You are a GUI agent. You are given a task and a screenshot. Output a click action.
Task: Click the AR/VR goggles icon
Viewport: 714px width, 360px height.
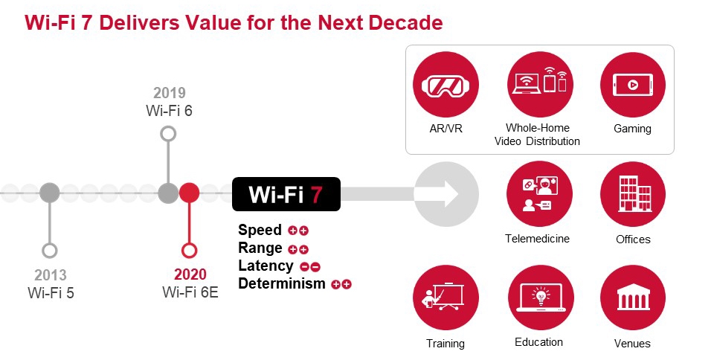[446, 84]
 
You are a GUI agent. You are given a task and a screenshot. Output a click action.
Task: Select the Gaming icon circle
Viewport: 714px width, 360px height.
[632, 84]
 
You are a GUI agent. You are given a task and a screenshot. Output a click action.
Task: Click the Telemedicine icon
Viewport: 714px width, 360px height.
[538, 194]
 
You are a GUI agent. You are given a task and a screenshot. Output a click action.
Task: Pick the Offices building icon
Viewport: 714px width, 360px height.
[633, 194]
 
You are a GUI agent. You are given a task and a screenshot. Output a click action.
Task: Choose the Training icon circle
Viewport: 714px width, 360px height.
[446, 298]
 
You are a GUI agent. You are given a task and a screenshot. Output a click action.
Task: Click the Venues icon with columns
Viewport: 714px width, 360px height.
[633, 298]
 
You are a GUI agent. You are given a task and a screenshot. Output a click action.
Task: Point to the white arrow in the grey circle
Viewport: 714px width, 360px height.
[446, 194]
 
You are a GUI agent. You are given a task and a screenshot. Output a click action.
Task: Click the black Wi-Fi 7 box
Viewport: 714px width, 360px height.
[286, 195]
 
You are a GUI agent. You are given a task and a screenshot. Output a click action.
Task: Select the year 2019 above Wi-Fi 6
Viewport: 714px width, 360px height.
[170, 94]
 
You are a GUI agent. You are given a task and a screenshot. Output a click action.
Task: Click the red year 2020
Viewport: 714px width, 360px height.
[190, 274]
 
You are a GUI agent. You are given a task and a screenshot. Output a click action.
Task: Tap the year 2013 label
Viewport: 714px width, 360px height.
[51, 274]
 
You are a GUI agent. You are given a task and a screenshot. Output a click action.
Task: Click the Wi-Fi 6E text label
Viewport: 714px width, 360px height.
[190, 292]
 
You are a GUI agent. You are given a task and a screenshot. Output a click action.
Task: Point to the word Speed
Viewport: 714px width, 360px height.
[260, 230]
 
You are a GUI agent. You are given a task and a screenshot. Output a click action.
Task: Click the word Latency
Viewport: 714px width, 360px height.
[266, 266]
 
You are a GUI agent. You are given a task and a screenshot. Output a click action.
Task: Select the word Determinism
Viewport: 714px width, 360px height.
[282, 283]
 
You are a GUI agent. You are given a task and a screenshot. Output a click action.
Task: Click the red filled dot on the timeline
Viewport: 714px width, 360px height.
[190, 193]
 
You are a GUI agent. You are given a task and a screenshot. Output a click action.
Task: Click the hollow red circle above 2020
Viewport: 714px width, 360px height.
[190, 250]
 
